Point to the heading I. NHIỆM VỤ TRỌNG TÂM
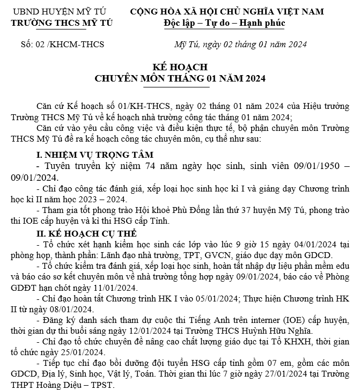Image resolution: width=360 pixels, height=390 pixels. click(89, 155)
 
